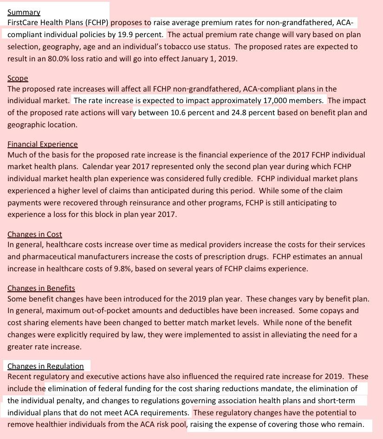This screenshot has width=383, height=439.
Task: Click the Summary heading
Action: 24,13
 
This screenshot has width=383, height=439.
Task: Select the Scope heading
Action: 18,78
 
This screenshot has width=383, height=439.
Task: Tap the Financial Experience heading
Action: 43,144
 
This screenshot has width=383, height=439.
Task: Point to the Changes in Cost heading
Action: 35,234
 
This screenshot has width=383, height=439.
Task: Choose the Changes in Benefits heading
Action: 41,288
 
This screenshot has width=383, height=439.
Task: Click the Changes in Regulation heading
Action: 45,366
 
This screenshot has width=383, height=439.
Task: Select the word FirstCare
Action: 23,22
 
